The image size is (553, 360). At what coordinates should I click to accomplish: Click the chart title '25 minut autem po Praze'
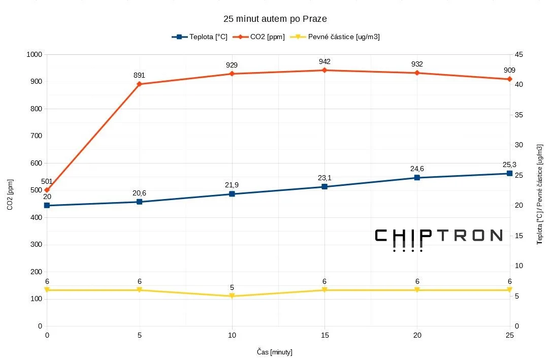pyautogui.click(x=275, y=19)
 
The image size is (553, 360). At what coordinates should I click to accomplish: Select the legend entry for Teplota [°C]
pyautogui.click(x=200, y=37)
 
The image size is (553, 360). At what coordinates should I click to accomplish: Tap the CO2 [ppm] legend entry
pyautogui.click(x=258, y=37)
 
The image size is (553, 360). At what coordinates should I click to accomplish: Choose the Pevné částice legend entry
pyautogui.click(x=335, y=37)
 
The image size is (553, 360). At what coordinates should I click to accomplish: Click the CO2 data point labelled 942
pyautogui.click(x=324, y=70)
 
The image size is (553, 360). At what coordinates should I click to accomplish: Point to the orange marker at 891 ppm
pyautogui.click(x=139, y=84)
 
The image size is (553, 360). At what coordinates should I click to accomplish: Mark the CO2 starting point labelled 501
pyautogui.click(x=47, y=190)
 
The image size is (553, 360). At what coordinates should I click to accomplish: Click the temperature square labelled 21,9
pyautogui.click(x=232, y=194)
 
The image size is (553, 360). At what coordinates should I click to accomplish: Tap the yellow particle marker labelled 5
pyautogui.click(x=232, y=296)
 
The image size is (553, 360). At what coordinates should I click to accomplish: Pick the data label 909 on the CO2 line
pyautogui.click(x=509, y=70)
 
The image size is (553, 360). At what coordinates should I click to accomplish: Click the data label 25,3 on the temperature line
pyautogui.click(x=509, y=165)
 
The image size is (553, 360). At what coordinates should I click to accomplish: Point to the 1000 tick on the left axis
pyautogui.click(x=34, y=54)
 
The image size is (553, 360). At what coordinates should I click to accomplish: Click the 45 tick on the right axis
pyautogui.click(x=519, y=54)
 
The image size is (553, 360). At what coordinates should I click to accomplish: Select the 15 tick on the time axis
pyautogui.click(x=325, y=335)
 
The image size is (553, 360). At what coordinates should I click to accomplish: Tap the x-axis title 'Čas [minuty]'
pyautogui.click(x=275, y=352)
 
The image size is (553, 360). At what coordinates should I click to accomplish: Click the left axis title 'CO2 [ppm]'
pyautogui.click(x=10, y=194)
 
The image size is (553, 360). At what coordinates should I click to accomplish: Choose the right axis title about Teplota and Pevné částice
pyautogui.click(x=540, y=194)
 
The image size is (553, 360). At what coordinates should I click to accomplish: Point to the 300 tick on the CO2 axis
pyautogui.click(x=36, y=244)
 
